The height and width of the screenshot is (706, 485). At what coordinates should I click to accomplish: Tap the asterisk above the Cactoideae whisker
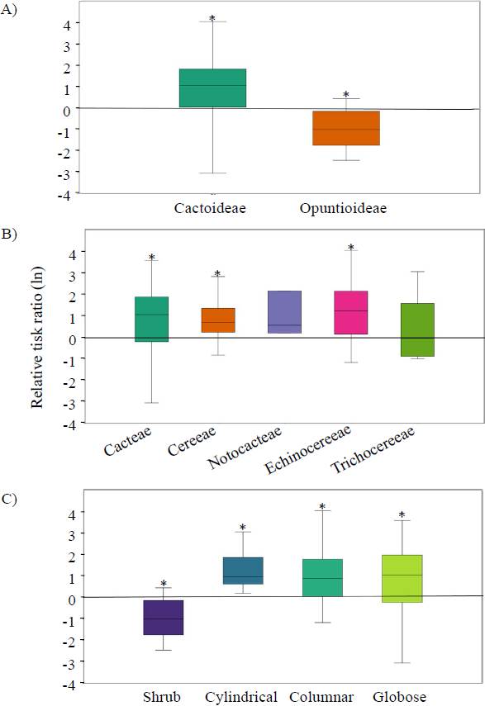[212, 19]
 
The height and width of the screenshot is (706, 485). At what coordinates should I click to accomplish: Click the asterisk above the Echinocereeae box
[350, 248]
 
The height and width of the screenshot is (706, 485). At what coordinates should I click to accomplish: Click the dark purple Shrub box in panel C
[163, 617]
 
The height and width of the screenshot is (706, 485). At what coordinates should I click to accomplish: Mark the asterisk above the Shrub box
[164, 585]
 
